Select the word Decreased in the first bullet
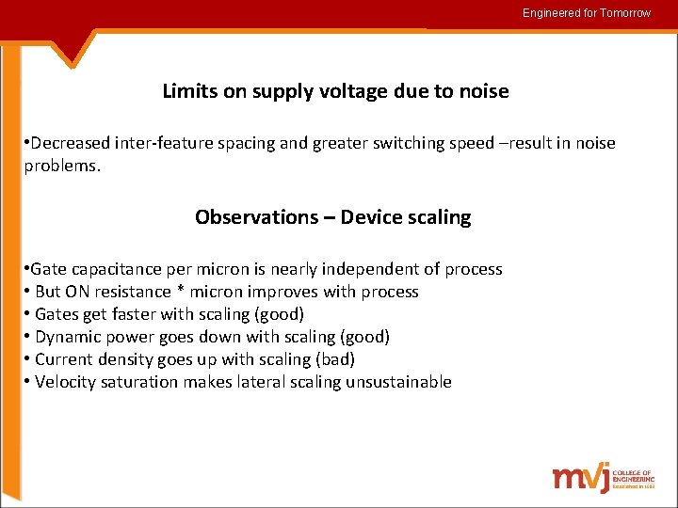(71, 143)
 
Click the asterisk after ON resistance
(181, 292)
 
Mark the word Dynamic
(66, 337)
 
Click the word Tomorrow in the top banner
(623, 13)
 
